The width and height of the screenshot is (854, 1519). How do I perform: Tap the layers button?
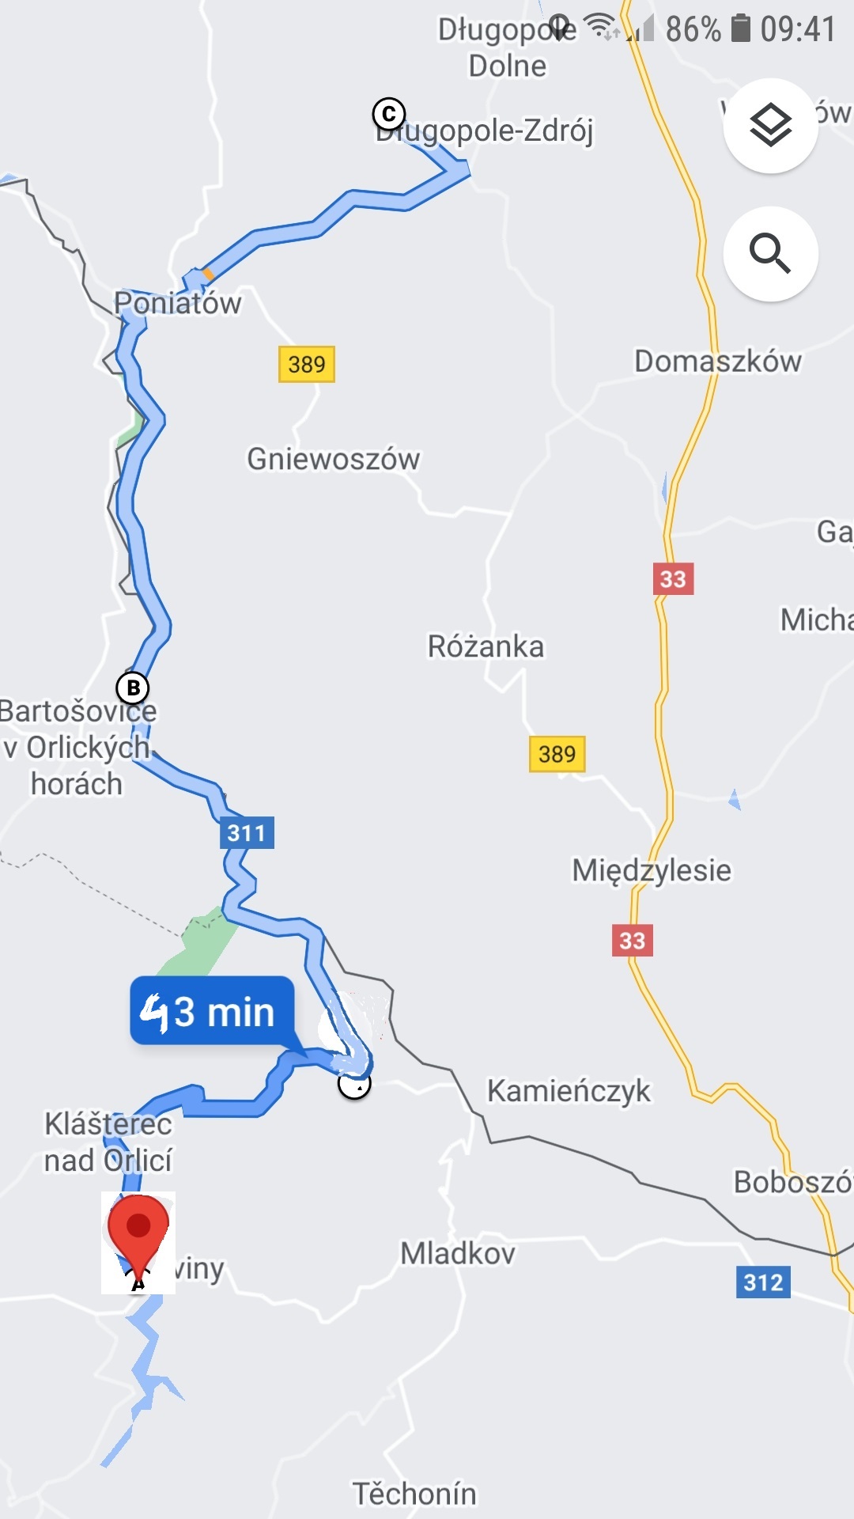point(770,126)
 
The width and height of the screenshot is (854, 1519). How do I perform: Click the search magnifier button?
point(770,253)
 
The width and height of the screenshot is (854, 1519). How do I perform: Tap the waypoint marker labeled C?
point(389,115)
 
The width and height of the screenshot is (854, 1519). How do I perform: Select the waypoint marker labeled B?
point(133,688)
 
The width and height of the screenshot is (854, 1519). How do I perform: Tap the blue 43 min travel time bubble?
point(212,1010)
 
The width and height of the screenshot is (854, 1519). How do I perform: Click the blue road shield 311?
point(247,832)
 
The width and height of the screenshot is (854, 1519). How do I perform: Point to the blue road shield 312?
point(763,1282)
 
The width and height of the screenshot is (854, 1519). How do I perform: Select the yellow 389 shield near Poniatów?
point(307,364)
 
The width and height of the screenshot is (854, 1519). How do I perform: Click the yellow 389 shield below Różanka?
point(557,754)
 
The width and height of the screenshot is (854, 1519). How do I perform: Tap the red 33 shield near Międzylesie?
point(633,940)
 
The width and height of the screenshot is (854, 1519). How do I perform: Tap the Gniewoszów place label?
point(333,459)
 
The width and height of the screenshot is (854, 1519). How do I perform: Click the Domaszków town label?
point(718,361)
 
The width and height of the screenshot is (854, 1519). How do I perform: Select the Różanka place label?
point(486,646)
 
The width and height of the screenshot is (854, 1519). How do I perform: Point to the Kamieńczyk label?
point(569,1091)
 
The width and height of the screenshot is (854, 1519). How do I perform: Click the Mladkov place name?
point(458,1253)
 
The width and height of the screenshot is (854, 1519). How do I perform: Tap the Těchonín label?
point(414,1494)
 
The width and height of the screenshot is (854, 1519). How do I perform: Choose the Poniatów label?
point(178,303)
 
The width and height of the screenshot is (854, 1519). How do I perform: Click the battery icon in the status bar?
point(740,28)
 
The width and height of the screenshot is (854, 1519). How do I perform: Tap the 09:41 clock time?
point(797,29)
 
